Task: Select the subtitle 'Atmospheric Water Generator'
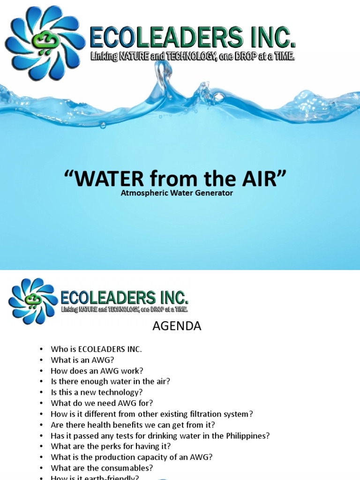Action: [x=177, y=193]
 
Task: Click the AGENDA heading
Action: [x=177, y=326]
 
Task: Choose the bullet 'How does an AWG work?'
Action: [x=97, y=371]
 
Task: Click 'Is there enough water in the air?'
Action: [x=110, y=382]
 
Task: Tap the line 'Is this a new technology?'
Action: [x=95, y=392]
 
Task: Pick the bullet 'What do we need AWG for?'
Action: [x=102, y=403]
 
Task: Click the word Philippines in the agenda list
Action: [x=246, y=435]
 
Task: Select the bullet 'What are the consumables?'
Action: [x=102, y=468]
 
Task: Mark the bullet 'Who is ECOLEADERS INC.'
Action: [x=96, y=349]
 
